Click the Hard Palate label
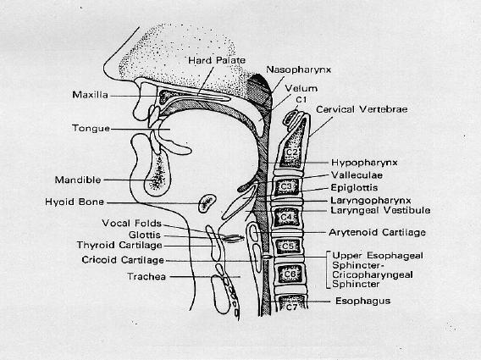217,60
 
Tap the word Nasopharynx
298,69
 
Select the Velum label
301,88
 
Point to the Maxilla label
90,95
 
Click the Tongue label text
91,128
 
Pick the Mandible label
78,180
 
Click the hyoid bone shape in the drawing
207,203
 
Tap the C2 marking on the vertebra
290,152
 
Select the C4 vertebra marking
286,217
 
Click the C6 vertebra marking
290,274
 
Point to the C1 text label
301,100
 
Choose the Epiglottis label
354,187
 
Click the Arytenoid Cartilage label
378,232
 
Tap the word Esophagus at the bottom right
363,301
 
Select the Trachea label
147,276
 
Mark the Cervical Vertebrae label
362,109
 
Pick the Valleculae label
357,175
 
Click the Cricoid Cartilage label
123,260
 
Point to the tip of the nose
105,65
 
